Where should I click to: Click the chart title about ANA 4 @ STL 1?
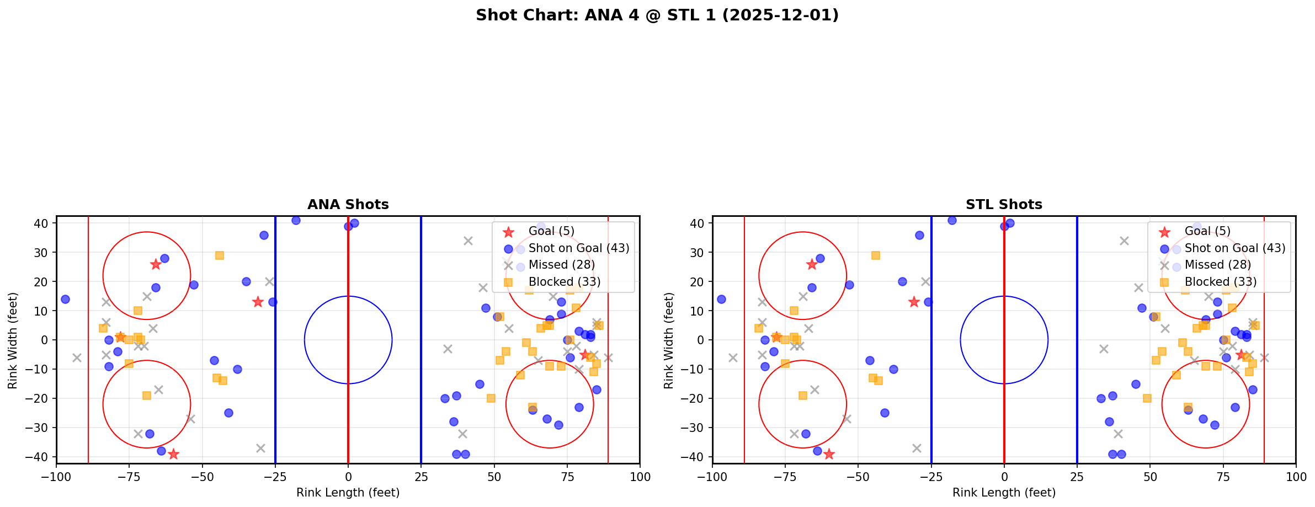click(657, 15)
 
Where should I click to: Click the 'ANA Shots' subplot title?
click(348, 205)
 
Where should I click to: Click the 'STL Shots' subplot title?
click(1003, 205)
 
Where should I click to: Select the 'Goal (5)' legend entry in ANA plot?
click(551, 232)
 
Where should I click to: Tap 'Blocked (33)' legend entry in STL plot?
click(1220, 282)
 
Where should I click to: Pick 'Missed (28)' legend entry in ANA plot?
click(561, 265)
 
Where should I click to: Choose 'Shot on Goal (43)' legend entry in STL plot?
click(1234, 248)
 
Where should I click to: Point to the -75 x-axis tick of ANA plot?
click(129, 477)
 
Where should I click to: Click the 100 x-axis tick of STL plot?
click(1295, 477)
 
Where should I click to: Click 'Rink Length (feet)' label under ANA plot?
click(348, 493)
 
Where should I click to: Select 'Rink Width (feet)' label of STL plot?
click(668, 340)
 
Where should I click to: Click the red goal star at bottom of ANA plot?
click(173, 454)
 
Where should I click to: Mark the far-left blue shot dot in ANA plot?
click(65, 299)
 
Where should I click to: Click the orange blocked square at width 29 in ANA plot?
click(220, 255)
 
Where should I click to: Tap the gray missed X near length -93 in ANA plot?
click(77, 357)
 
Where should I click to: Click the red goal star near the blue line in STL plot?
click(914, 302)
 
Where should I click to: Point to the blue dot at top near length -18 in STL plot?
click(952, 220)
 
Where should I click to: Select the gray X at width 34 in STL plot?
click(1124, 241)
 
